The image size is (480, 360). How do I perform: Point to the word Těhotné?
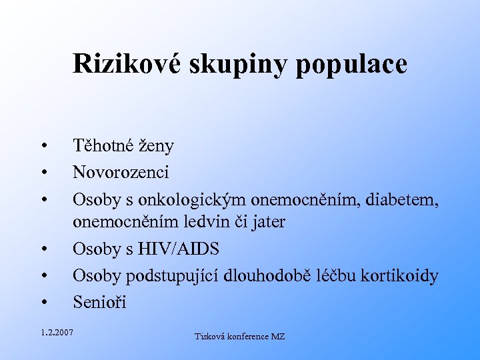[106, 145]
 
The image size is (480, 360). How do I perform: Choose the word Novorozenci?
[121, 173]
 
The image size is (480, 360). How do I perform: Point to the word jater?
[267, 222]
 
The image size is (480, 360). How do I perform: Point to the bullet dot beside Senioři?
[43, 303]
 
